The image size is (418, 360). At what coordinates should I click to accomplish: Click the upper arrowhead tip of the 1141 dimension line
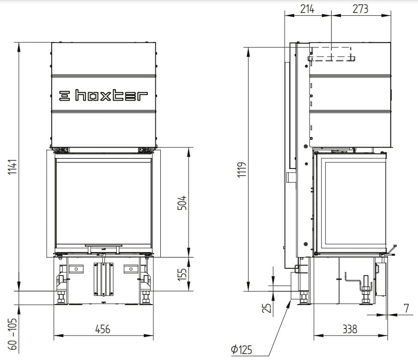18,42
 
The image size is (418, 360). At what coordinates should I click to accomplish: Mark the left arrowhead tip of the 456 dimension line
54,335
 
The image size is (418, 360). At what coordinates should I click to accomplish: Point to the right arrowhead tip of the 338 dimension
388,336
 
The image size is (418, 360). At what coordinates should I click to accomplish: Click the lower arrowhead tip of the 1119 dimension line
248,291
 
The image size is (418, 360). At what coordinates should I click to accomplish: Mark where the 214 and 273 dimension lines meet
331,15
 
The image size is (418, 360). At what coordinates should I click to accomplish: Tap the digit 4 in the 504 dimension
182,199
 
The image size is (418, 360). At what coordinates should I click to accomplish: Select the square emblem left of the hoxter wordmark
64,96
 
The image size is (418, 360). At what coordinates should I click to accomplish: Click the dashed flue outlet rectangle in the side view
331,54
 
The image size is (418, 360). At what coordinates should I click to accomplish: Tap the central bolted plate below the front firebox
103,279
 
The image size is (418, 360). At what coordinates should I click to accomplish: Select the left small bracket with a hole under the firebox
76,269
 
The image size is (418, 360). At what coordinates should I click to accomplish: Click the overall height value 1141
12,167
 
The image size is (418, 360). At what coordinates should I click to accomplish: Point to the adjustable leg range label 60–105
12,334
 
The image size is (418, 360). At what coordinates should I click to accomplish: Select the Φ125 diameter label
241,349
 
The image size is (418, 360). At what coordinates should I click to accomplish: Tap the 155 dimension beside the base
182,275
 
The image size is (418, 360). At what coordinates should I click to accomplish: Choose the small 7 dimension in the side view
406,308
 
